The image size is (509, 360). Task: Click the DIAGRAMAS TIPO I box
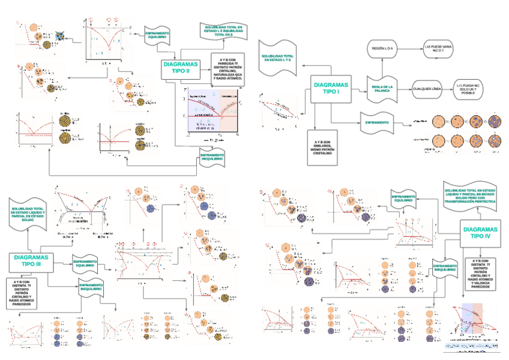[x=331, y=89]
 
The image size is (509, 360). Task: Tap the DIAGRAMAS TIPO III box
[x=31, y=260]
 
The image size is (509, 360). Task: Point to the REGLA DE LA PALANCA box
[x=382, y=89]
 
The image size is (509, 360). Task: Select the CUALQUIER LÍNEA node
[x=427, y=89]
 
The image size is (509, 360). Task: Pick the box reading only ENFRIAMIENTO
[x=377, y=122]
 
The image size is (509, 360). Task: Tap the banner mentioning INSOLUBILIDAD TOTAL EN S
[x=223, y=31]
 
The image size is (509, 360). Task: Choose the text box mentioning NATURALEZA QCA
[x=227, y=70]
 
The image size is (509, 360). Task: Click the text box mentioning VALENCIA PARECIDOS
[x=481, y=273]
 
